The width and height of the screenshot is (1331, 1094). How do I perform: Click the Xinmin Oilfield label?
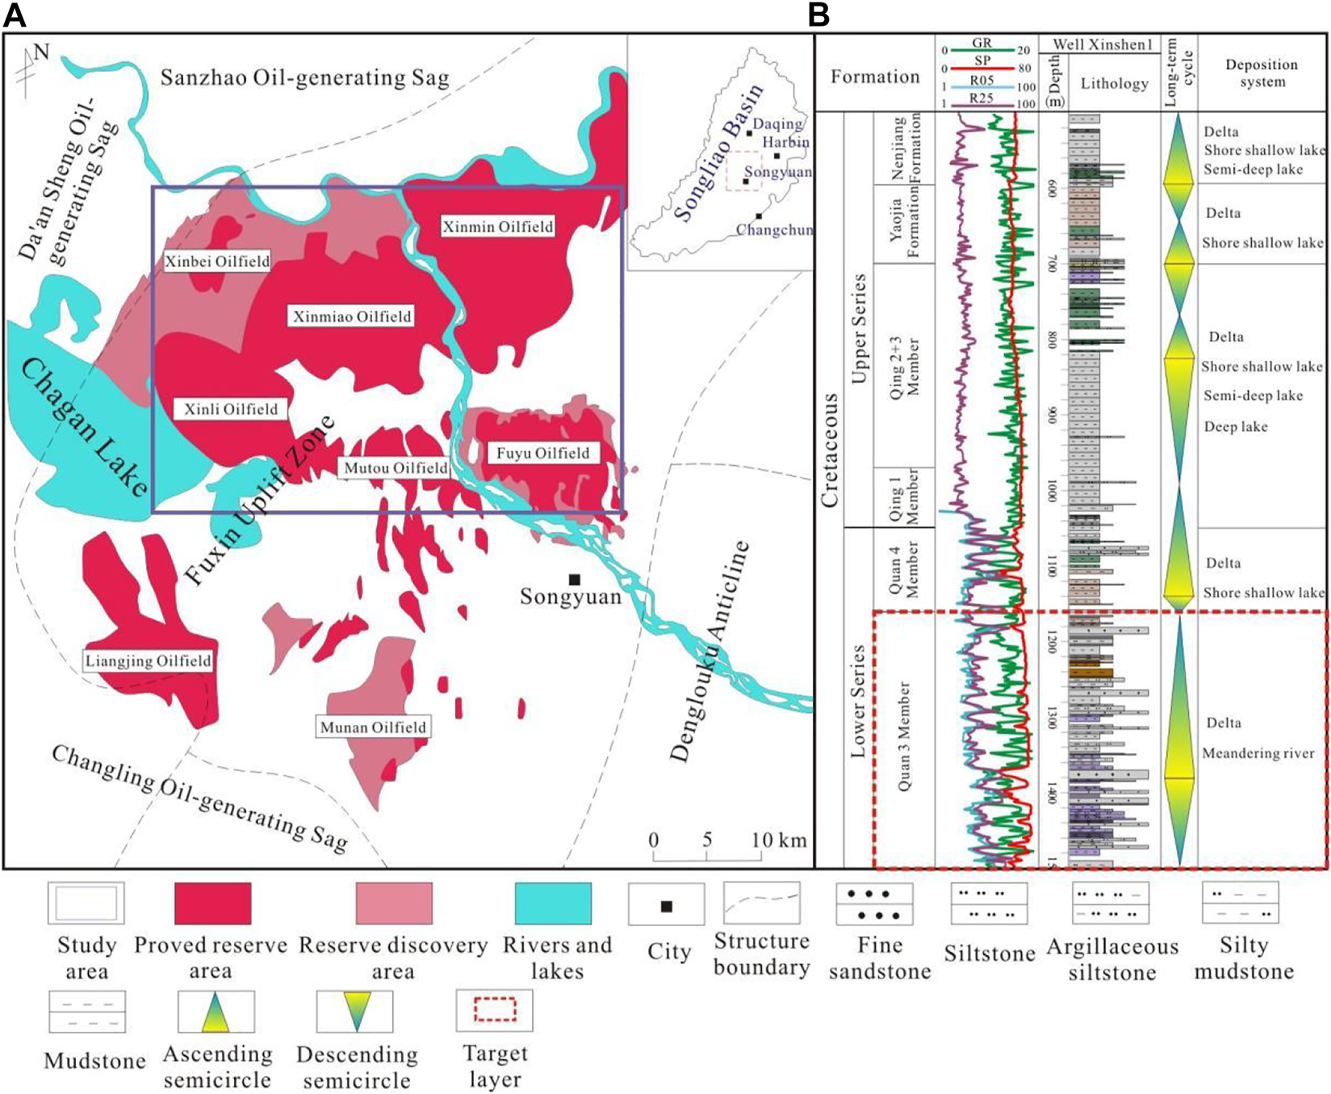[x=497, y=227]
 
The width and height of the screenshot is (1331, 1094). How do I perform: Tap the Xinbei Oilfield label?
[x=216, y=261]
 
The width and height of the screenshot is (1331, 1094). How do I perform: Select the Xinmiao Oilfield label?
[x=351, y=316]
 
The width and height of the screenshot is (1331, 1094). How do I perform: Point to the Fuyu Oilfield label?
[x=542, y=453]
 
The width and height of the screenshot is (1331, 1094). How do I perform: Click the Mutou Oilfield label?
[x=396, y=468]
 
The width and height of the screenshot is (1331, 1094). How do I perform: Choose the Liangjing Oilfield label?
[x=149, y=661]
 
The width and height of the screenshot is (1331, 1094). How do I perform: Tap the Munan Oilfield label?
[x=373, y=727]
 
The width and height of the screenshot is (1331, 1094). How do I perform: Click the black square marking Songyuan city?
[x=574, y=579]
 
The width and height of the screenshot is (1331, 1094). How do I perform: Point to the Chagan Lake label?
[x=84, y=429]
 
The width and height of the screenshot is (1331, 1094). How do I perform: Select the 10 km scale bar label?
[x=779, y=840]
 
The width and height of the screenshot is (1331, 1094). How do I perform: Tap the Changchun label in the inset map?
[x=773, y=230]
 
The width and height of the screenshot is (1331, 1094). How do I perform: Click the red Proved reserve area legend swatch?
[x=212, y=903]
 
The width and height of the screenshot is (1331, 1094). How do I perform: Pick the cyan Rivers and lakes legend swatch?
[x=553, y=903]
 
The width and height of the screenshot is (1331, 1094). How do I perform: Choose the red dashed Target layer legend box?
[x=494, y=1009]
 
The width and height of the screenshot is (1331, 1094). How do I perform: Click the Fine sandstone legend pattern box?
[x=875, y=903]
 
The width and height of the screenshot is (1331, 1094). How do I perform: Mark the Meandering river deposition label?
[x=1258, y=753]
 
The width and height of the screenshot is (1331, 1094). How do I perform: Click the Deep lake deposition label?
[x=1235, y=426]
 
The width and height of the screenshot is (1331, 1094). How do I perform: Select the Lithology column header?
[x=1114, y=83]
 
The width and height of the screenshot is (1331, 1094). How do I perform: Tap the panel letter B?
[x=819, y=14]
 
